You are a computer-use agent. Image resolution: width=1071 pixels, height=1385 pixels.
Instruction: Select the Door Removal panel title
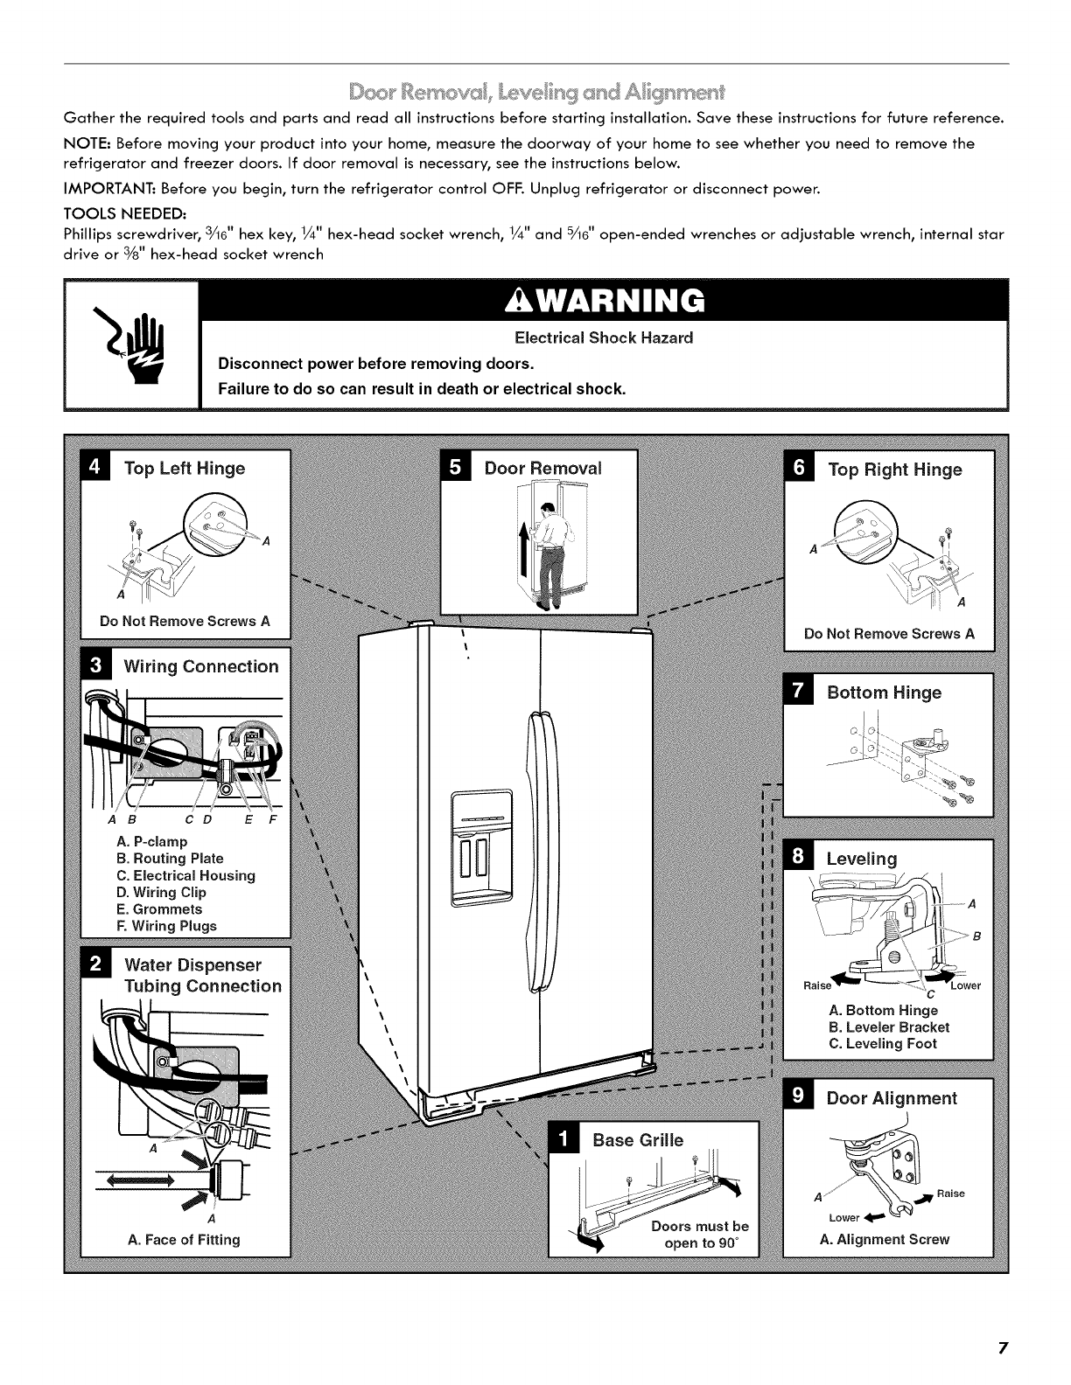click(x=542, y=468)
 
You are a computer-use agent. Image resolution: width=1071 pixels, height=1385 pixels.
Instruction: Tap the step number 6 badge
click(x=799, y=469)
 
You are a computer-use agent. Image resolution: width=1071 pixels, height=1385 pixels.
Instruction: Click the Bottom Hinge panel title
click(x=884, y=692)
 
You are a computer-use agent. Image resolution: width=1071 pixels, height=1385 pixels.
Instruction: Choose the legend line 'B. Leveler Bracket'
click(x=888, y=1027)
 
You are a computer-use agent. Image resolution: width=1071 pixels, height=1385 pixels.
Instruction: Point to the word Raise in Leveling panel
click(x=817, y=985)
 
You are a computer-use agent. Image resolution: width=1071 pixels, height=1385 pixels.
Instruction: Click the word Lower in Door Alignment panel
click(x=844, y=1217)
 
